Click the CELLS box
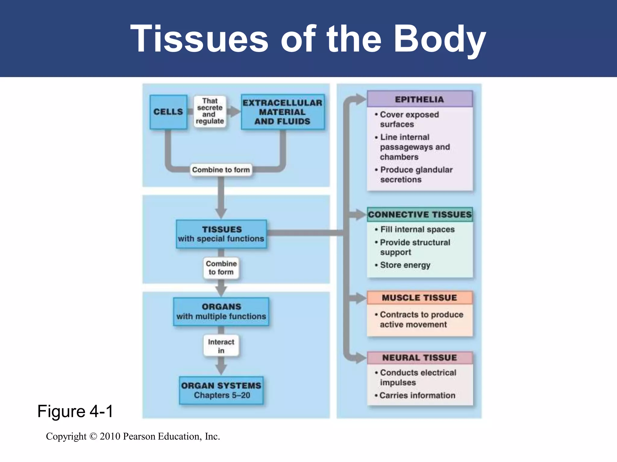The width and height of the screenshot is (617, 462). [168, 112]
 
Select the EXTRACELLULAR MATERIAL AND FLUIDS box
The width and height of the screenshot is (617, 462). [282, 112]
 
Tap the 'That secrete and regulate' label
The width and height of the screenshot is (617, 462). [210, 111]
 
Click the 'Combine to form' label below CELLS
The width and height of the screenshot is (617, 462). [221, 170]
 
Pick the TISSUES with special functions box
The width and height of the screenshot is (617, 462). [221, 234]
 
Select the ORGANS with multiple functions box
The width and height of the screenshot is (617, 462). [221, 312]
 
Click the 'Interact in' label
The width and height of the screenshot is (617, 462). [221, 346]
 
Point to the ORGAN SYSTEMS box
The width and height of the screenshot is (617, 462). [221, 390]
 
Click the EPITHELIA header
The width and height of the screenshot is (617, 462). [419, 99]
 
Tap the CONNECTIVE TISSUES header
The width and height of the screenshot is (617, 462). [420, 214]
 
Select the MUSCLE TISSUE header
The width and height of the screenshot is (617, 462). [419, 298]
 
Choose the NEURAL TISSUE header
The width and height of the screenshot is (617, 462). [419, 358]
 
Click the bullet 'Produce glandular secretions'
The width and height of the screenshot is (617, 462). [416, 175]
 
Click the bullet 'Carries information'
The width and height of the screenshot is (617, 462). [417, 396]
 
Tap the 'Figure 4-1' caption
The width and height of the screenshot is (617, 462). [75, 411]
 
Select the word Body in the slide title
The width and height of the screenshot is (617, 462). [440, 39]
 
